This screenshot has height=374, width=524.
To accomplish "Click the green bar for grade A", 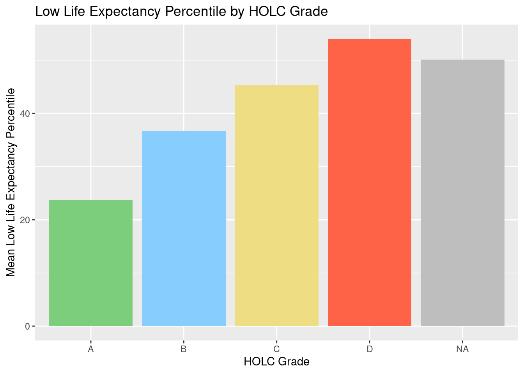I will tap(91, 263).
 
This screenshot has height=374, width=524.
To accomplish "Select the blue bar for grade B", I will tap(184, 228).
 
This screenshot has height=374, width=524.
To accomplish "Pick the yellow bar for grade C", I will tap(276, 205).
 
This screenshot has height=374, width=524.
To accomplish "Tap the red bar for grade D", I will tap(370, 182).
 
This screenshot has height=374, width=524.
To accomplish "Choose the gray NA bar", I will tap(462, 193).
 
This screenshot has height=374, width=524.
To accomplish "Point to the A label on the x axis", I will tap(91, 349).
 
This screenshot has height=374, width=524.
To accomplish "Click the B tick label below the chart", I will tap(184, 349).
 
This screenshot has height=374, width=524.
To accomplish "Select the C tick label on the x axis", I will tap(276, 349).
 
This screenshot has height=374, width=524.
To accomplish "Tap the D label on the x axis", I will tap(370, 349).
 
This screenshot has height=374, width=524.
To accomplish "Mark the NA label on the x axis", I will tap(462, 349).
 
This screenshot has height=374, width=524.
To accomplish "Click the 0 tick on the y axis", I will tap(28, 326).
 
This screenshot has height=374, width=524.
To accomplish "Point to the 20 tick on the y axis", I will tap(25, 220).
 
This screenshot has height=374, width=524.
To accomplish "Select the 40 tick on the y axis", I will tap(25, 114).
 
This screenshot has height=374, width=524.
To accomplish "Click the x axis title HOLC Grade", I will tap(276, 362).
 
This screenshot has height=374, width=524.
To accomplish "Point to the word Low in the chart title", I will tap(45, 12).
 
